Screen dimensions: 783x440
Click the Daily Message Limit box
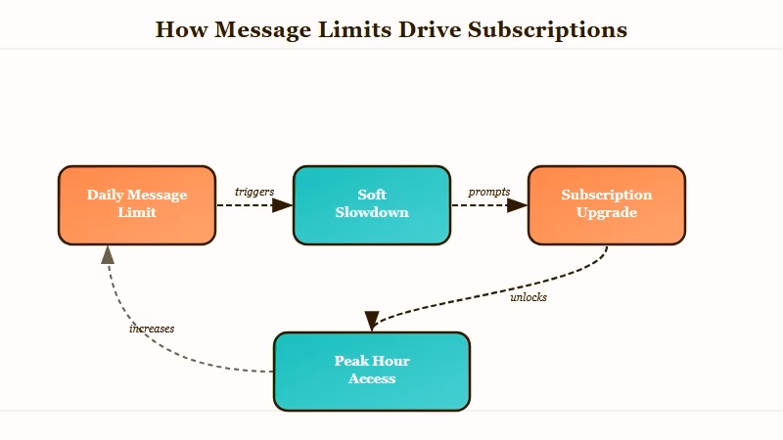pyautogui.click(x=137, y=205)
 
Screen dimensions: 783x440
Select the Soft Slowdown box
pyautogui.click(x=372, y=205)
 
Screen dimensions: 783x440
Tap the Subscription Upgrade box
pyautogui.click(x=606, y=205)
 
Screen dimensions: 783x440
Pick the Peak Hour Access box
pyautogui.click(x=372, y=372)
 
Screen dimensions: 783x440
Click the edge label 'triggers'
pyautogui.click(x=254, y=192)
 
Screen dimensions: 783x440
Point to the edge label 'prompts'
pyautogui.click(x=488, y=192)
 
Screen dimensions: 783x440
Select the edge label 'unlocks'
pyautogui.click(x=529, y=297)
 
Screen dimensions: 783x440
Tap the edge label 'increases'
pyautogui.click(x=152, y=329)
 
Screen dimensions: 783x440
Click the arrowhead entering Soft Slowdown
pyautogui.click(x=283, y=205)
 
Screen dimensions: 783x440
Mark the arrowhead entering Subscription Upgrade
pyautogui.click(x=518, y=205)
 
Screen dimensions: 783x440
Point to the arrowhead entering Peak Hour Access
pyautogui.click(x=372, y=321)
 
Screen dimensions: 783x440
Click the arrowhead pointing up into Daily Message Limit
pyautogui.click(x=108, y=255)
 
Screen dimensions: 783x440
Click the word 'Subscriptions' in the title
pyautogui.click(x=547, y=30)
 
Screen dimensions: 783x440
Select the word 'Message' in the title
pyautogui.click(x=262, y=30)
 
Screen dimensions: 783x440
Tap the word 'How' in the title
pyautogui.click(x=181, y=29)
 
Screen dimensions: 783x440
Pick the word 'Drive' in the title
pyautogui.click(x=430, y=29)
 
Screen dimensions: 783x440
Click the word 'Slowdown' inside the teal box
pyautogui.click(x=372, y=212)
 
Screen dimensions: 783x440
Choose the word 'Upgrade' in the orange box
pyautogui.click(x=606, y=213)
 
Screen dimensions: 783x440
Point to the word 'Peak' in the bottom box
pyautogui.click(x=350, y=361)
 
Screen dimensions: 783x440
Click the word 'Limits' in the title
pyautogui.click(x=354, y=29)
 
